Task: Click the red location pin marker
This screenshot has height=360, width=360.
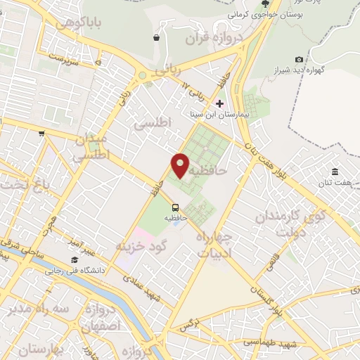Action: click(x=180, y=165)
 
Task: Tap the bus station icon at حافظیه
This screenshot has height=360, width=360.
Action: click(x=175, y=207)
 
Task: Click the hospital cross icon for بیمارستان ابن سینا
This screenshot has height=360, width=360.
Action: click(x=219, y=103)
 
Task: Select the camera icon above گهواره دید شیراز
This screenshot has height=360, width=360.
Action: click(x=300, y=60)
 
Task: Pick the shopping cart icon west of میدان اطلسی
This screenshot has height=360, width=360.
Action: click(x=43, y=133)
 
